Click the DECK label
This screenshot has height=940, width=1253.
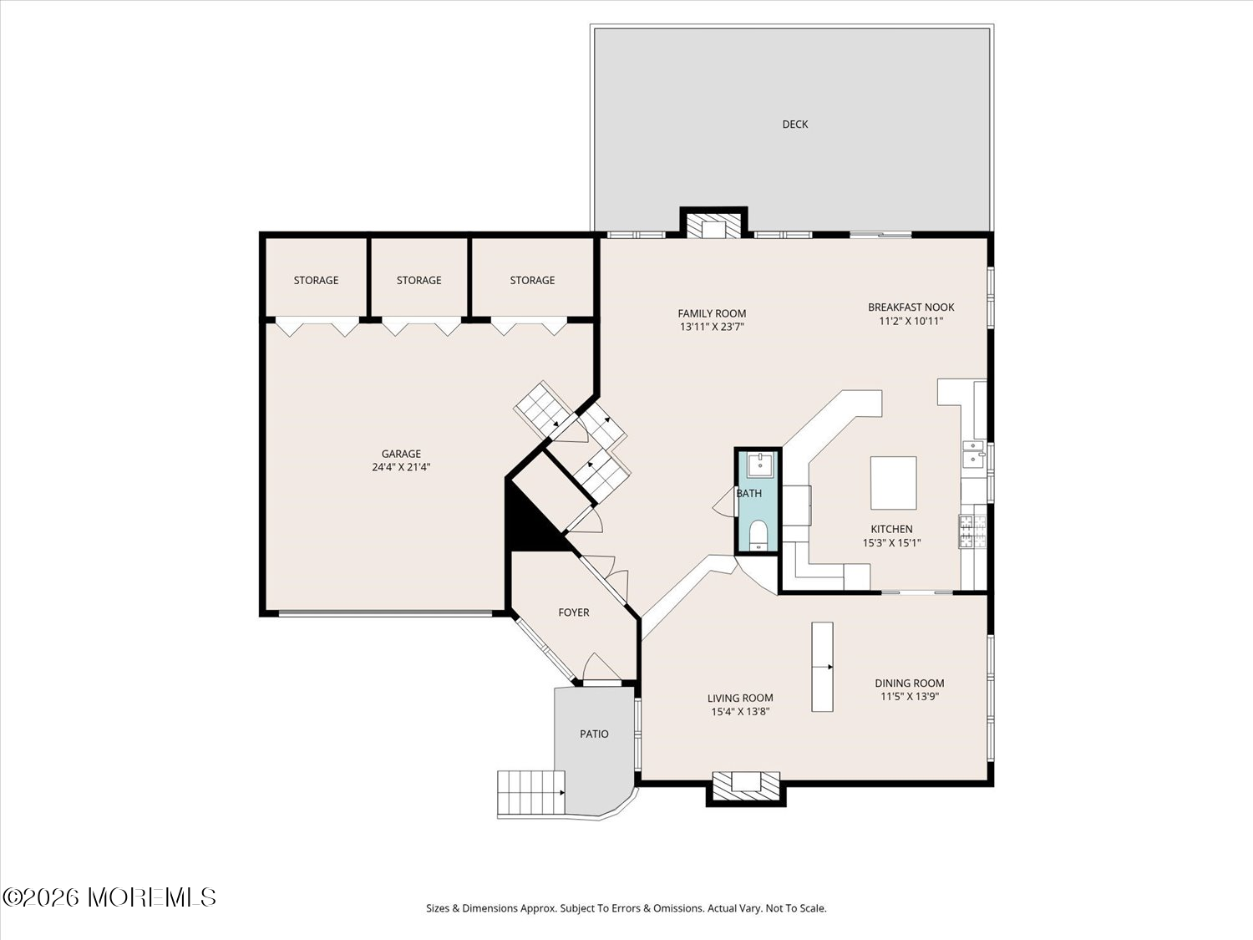click(x=794, y=124)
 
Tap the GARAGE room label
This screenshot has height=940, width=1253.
click(x=401, y=453)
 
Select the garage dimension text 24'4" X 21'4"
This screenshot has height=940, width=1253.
click(x=401, y=467)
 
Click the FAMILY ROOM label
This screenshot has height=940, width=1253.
click(x=712, y=312)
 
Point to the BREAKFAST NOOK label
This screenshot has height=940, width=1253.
click(x=911, y=307)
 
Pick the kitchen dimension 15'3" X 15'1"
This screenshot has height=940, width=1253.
click(x=891, y=543)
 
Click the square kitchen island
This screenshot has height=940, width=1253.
click(x=893, y=483)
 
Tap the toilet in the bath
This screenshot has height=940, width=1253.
click(x=758, y=534)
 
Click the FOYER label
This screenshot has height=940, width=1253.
click(x=573, y=612)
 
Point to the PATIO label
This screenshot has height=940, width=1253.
click(x=594, y=734)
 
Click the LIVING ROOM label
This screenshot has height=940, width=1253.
click(x=740, y=698)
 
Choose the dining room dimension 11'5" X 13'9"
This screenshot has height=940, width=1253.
click(x=910, y=696)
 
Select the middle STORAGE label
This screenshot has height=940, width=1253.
click(x=419, y=280)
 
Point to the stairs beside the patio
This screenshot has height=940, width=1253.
click(x=531, y=793)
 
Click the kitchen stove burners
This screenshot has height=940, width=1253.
click(x=972, y=532)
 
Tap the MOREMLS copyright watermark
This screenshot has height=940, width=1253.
click(x=109, y=897)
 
